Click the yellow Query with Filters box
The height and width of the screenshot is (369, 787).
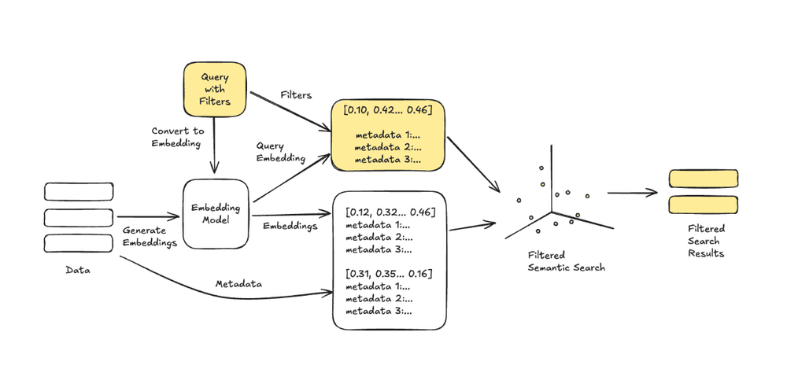click(x=215, y=90)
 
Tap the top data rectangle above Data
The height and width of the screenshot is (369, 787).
click(x=78, y=191)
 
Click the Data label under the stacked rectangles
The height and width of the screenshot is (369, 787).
click(x=78, y=270)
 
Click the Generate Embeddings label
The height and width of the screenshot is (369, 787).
click(x=149, y=236)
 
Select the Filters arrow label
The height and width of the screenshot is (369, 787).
click(x=296, y=95)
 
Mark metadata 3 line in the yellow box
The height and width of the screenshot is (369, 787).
click(x=388, y=160)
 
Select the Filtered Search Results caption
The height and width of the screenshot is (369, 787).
click(x=706, y=241)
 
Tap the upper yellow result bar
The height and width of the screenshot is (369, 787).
click(x=703, y=178)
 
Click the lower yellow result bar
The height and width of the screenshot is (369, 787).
click(x=703, y=205)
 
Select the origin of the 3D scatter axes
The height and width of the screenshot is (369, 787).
click(x=551, y=210)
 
